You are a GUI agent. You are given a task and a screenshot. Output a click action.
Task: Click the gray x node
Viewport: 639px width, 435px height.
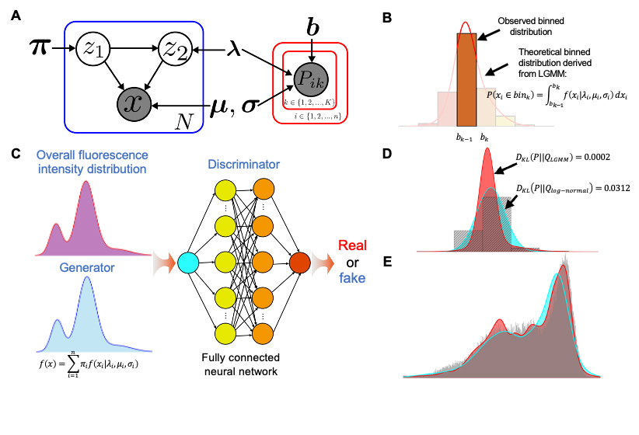(133, 103)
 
